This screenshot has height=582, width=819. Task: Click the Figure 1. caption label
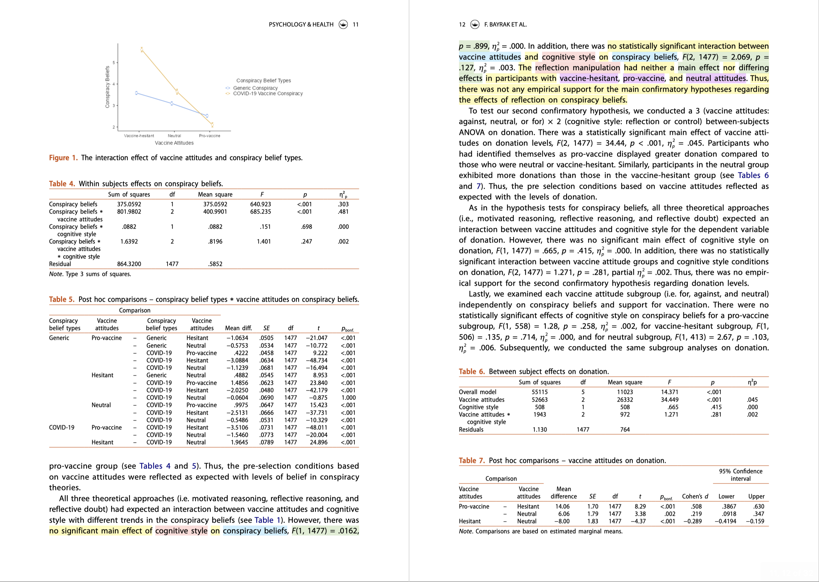[x=63, y=158]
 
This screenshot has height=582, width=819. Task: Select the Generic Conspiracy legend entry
[x=255, y=88]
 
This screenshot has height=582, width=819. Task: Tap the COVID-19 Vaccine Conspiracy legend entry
[x=268, y=93]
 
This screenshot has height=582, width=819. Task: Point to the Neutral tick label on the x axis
[x=174, y=136]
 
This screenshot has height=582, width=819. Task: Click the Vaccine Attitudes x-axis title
[x=174, y=143]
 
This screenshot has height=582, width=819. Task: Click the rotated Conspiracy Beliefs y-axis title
[x=107, y=87]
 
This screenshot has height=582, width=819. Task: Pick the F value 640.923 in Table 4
[x=261, y=204]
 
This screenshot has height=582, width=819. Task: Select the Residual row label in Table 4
[x=60, y=264]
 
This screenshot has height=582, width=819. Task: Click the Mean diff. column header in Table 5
[x=238, y=328]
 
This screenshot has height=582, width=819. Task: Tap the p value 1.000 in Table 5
[x=348, y=397]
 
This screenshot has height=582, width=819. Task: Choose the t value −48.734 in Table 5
[x=317, y=360]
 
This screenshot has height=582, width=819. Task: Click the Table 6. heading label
[x=471, y=371]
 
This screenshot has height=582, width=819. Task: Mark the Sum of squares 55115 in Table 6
[x=539, y=392]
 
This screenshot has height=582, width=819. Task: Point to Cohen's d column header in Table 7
[x=695, y=496]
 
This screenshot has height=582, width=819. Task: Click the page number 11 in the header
[x=356, y=24]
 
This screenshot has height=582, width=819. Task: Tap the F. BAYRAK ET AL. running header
[x=505, y=24]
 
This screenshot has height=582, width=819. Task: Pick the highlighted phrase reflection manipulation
[x=577, y=68]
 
